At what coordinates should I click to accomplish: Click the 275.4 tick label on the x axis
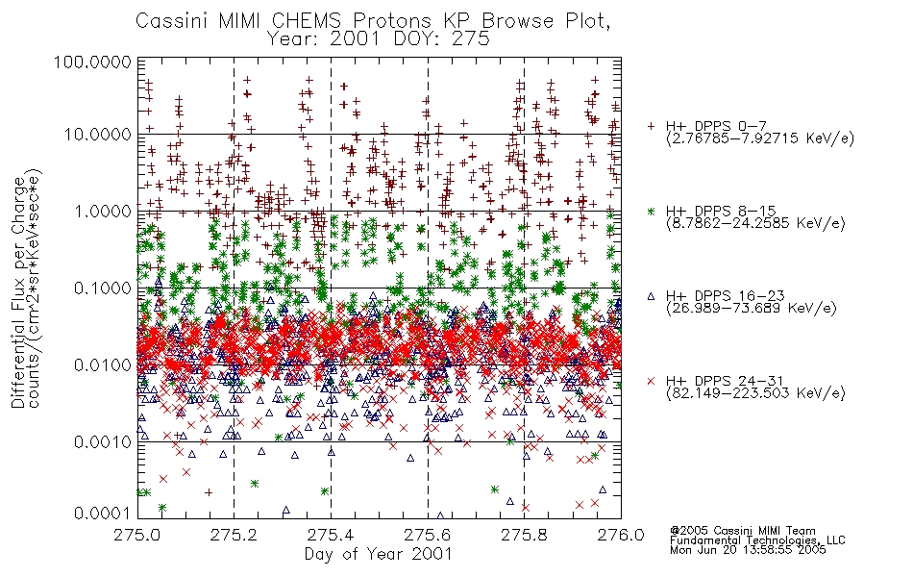[x=331, y=535]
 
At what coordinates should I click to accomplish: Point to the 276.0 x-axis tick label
[x=621, y=535]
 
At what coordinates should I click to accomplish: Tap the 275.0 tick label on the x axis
[x=137, y=535]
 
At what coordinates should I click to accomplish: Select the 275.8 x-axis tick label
[x=524, y=535]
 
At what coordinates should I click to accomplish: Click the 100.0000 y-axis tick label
[x=92, y=62]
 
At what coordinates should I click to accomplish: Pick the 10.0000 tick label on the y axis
[x=97, y=135]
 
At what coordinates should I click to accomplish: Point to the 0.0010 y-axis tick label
[x=102, y=441]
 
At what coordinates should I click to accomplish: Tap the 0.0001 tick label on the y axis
[x=102, y=514]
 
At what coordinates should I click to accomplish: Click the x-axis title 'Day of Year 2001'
[x=378, y=554]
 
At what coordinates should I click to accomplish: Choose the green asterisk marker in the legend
[x=651, y=211]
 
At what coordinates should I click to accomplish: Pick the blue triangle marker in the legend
[x=651, y=296]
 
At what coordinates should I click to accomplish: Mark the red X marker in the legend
[x=651, y=381]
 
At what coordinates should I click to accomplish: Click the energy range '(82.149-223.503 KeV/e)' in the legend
[x=755, y=393]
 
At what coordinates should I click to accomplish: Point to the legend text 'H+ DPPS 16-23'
[x=726, y=295]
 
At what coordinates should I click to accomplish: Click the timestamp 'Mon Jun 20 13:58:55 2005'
[x=748, y=550]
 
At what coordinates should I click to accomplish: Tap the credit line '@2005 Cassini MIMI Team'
[x=742, y=531]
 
